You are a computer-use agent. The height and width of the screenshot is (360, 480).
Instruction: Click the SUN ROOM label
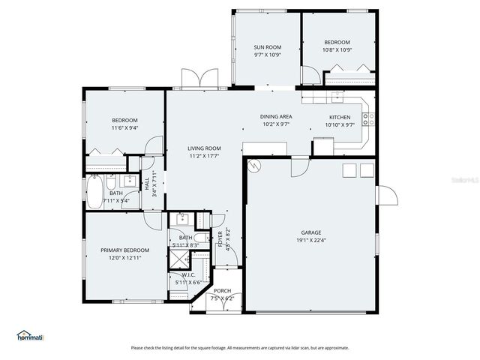point(267,47)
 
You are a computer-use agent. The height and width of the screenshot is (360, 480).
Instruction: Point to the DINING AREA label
point(276,117)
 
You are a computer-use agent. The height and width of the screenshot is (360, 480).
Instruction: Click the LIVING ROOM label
point(204,148)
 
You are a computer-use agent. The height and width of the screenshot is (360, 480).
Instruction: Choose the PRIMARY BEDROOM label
point(125,250)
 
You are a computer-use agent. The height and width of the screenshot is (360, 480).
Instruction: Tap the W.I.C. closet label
point(188,274)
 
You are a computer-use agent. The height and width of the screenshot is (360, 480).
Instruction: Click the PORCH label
point(223,290)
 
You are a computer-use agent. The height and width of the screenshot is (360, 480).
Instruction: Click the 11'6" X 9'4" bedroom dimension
point(125,127)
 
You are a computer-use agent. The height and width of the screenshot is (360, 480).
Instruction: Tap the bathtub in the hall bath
point(95,193)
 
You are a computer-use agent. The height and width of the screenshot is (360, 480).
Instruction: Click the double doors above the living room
point(199,79)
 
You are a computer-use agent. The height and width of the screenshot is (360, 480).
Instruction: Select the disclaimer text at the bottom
point(240,347)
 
